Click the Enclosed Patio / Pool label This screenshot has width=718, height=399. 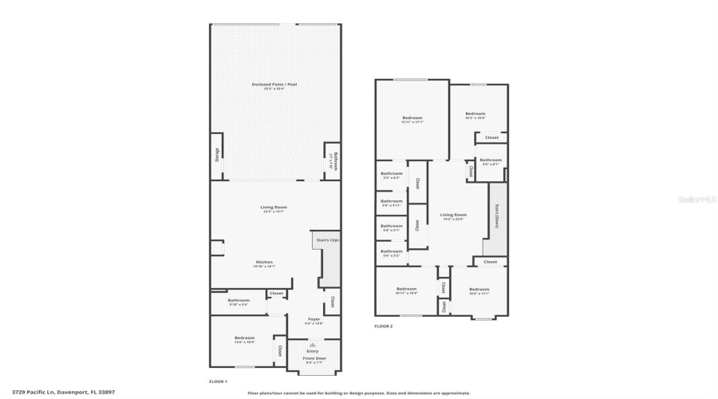[x=274, y=84]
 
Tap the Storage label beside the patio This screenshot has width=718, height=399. [x=217, y=156]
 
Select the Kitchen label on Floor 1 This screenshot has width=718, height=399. [x=264, y=262]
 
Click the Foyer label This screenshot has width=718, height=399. [x=314, y=318]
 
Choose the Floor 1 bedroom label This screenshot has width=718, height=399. [x=244, y=338]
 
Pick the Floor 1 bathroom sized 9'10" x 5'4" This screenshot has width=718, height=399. [x=239, y=300]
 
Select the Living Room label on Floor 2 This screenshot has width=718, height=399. [x=453, y=214]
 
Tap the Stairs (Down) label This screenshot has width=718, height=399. [x=496, y=216]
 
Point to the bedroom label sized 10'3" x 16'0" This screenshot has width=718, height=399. [x=475, y=113]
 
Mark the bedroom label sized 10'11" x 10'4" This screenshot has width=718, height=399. [x=406, y=289]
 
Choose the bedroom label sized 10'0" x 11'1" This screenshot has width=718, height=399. [x=479, y=289]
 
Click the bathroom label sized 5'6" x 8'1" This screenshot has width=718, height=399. [x=491, y=160]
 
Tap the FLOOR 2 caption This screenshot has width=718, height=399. [x=384, y=326]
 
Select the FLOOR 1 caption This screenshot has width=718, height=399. [x=218, y=381]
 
